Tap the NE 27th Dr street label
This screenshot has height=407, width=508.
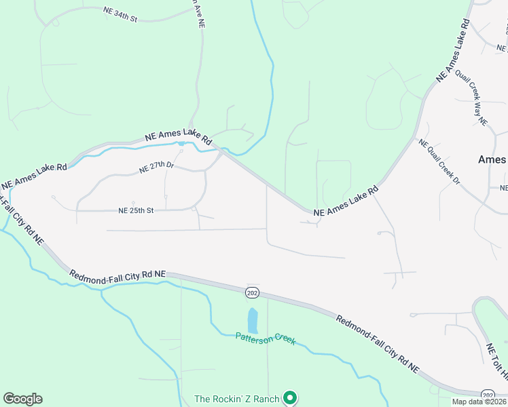pos(156,168)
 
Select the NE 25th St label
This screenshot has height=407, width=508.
pos(136,210)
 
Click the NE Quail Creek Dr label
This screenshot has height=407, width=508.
pos(439,161)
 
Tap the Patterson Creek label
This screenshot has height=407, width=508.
pos(266,338)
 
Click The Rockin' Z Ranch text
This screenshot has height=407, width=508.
pos(236,399)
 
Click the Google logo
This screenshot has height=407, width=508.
pos(22,399)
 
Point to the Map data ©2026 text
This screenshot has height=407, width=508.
pos(479,402)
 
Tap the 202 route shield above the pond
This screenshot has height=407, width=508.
pos(252,292)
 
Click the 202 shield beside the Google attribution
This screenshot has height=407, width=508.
pos(488,395)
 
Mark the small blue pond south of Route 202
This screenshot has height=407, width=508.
pos(253,320)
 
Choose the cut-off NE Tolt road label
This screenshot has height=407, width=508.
pos(496,360)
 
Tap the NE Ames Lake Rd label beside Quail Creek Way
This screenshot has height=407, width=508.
pos(454,52)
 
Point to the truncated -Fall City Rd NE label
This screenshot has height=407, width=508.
pos(22,220)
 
